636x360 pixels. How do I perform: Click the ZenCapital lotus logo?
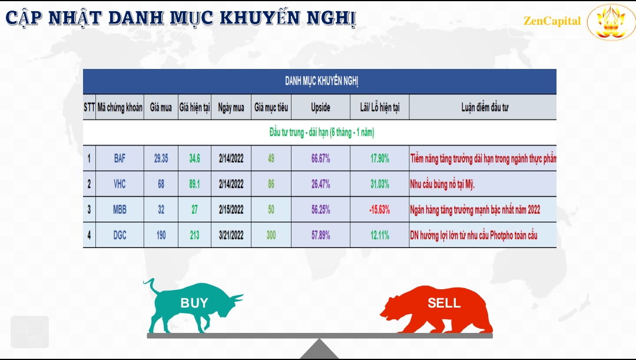pos(611,22)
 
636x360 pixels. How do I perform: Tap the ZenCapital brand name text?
pos(552,21)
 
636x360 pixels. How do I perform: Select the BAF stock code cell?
pos(120,158)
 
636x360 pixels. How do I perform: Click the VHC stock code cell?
pos(120,184)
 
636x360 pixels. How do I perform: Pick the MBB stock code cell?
pos(120,209)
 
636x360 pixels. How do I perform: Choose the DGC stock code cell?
pos(120,235)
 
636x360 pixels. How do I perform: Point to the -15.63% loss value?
pos(380,209)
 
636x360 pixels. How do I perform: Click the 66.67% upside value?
pos(320,158)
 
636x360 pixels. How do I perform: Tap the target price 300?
pos(271,235)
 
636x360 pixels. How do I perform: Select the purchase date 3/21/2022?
pos(231,235)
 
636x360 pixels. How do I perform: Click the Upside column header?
pos(320,108)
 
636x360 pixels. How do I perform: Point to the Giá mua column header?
pos(161,108)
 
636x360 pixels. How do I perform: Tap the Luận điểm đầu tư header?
pos(485,108)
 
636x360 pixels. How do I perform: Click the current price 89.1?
pos(195,184)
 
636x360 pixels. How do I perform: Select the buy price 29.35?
pos(161,158)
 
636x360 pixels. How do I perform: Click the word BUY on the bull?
pos(194,303)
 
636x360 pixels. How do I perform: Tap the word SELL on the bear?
pos(444,303)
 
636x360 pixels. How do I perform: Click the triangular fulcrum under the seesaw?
pos(319,349)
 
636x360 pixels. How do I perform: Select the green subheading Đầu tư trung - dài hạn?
pos(322,133)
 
